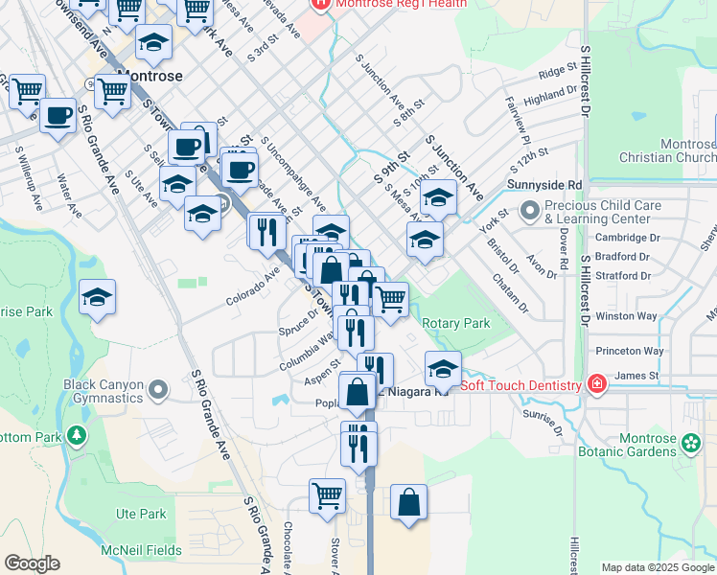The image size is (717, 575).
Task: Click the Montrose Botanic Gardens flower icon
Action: (x=690, y=443)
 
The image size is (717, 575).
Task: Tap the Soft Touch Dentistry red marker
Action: (x=596, y=385)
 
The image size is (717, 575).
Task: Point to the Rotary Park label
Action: (x=456, y=324)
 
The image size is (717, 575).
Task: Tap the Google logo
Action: (x=32, y=563)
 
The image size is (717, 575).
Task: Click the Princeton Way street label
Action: (x=629, y=351)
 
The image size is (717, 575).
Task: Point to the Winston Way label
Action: (x=626, y=315)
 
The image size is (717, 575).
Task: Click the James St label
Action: (x=637, y=376)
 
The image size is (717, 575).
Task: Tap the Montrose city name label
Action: (x=149, y=74)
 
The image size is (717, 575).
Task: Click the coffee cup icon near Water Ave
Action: (x=58, y=115)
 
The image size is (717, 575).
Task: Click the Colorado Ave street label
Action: (x=252, y=286)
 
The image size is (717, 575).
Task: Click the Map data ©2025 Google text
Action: (x=658, y=567)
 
